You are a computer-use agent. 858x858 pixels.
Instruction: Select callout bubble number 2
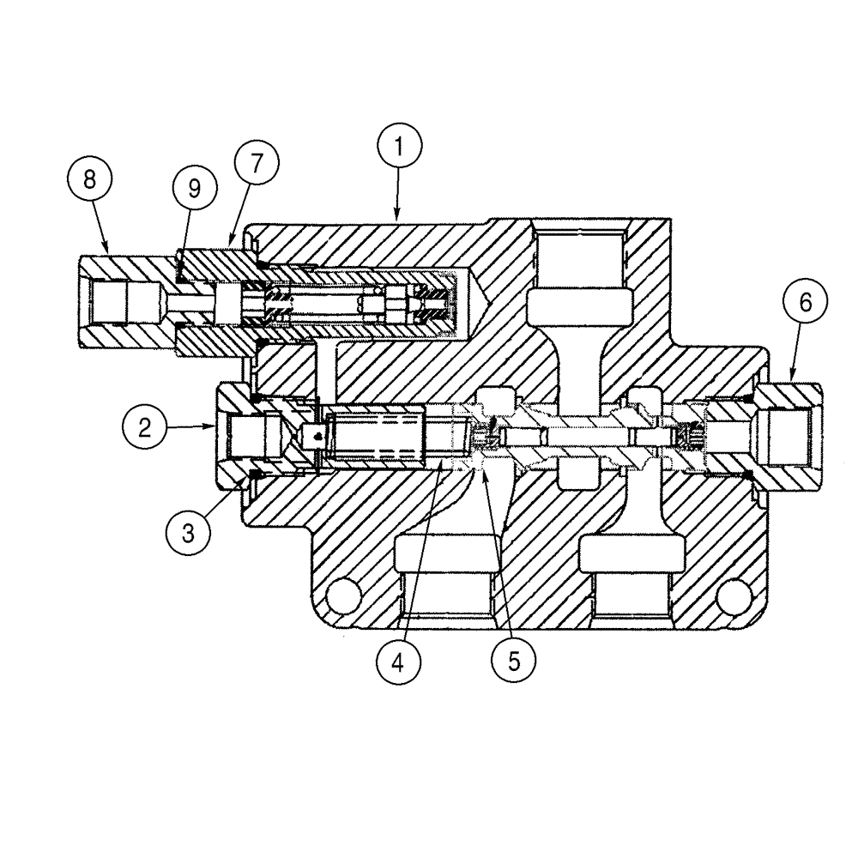click(x=146, y=426)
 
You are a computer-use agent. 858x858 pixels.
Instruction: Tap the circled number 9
click(x=195, y=187)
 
